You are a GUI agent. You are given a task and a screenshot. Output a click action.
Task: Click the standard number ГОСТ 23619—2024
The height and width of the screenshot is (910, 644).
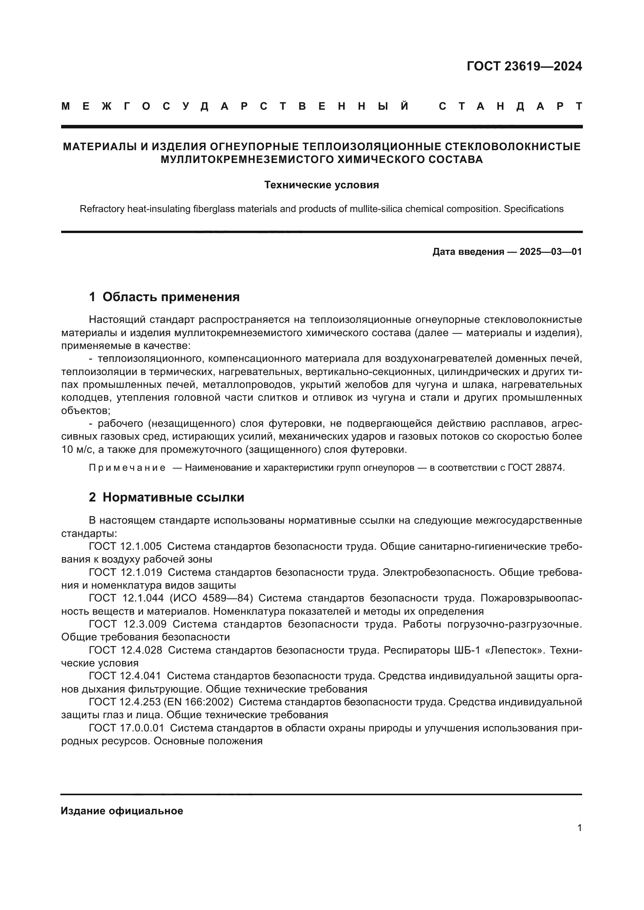click(524, 66)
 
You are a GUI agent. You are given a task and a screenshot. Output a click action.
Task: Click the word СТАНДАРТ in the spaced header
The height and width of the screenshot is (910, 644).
click(510, 106)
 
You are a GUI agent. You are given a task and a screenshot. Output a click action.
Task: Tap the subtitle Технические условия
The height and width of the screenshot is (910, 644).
click(322, 185)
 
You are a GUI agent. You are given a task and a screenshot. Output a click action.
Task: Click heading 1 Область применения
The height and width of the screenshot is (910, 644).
click(164, 297)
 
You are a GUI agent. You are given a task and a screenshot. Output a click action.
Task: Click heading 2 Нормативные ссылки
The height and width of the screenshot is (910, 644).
click(167, 498)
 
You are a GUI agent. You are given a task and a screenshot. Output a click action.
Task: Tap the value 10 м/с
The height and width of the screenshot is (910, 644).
click(77, 450)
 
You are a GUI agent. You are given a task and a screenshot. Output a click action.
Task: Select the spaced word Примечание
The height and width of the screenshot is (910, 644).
click(127, 468)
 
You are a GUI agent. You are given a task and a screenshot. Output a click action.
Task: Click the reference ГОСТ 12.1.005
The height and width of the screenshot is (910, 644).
click(125, 547)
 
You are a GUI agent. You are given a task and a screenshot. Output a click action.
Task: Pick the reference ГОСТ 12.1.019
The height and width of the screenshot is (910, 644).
click(125, 572)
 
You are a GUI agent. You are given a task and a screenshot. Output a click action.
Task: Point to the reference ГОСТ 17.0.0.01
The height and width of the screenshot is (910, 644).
click(127, 728)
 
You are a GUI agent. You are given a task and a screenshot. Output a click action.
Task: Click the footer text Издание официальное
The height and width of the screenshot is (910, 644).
click(122, 811)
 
